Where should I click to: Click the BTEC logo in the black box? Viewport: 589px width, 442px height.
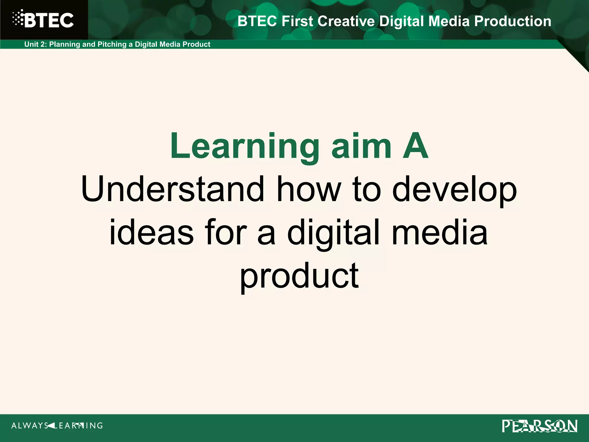pos(43,20)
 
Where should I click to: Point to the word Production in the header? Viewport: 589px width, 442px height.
pos(512,21)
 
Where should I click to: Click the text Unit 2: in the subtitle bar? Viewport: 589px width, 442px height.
pos(36,44)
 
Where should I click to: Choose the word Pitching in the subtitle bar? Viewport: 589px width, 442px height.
pos(112,44)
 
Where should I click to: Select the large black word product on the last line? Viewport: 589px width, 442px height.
pos(299,276)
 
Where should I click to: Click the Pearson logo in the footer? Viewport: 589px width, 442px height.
pos(540,426)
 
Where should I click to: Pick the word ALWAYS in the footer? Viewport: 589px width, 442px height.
pos(30,426)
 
